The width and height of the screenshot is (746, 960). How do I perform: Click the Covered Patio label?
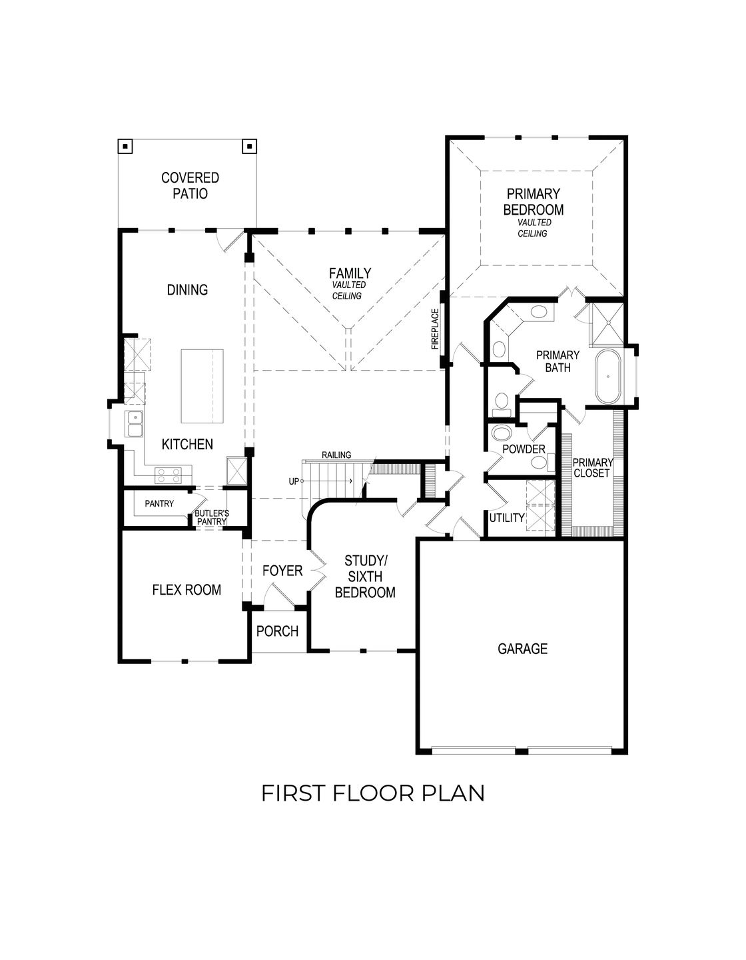(190, 186)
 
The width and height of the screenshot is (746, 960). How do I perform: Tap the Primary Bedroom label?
(533, 201)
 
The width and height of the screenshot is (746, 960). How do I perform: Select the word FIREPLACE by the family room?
(435, 329)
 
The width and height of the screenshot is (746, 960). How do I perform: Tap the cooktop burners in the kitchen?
(169, 475)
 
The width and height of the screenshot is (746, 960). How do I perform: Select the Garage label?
(522, 649)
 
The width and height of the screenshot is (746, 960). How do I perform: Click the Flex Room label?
(186, 590)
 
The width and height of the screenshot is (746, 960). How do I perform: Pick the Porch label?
(277, 631)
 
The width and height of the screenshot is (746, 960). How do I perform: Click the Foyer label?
(282, 571)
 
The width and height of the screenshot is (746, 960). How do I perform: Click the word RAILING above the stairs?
(336, 455)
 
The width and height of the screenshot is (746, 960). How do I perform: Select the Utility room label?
(507, 517)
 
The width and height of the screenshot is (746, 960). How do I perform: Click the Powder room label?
(524, 449)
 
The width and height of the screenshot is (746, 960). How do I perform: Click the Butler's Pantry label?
(212, 517)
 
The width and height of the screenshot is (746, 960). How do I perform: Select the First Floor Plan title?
(372, 793)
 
